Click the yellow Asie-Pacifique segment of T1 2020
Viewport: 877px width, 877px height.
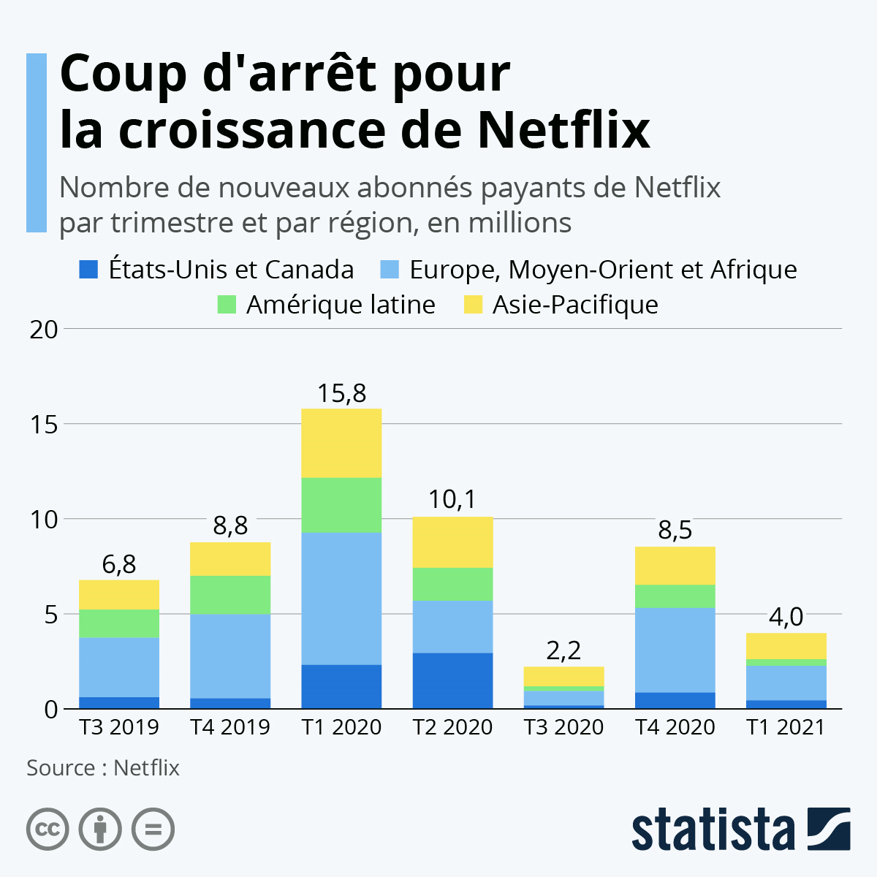click(x=341, y=443)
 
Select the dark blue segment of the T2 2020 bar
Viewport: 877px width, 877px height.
click(x=452, y=680)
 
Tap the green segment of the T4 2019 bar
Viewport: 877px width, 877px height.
click(x=230, y=595)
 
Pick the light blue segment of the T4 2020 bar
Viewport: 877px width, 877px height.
click(x=675, y=650)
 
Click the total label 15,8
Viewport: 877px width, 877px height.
click(x=341, y=394)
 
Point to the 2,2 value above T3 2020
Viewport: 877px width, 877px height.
click(x=563, y=650)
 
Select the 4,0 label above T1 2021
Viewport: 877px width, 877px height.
click(x=786, y=618)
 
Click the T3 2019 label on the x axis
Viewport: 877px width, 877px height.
click(x=119, y=727)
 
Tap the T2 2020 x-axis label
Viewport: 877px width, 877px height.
click(x=452, y=727)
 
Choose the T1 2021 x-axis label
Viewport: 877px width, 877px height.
click(x=786, y=727)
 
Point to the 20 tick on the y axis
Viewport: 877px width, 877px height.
click(x=43, y=330)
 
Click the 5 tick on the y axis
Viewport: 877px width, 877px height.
click(x=50, y=615)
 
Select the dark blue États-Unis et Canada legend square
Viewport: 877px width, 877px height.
click(x=88, y=270)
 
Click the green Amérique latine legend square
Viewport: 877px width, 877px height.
click(x=227, y=305)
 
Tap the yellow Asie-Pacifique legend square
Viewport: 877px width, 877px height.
click(x=473, y=305)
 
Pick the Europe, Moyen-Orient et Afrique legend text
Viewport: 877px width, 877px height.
click(x=602, y=270)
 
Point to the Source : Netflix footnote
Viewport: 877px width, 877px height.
click(x=103, y=768)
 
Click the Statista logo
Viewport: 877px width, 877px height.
click(x=740, y=830)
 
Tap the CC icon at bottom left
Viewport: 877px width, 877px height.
click(x=48, y=829)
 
